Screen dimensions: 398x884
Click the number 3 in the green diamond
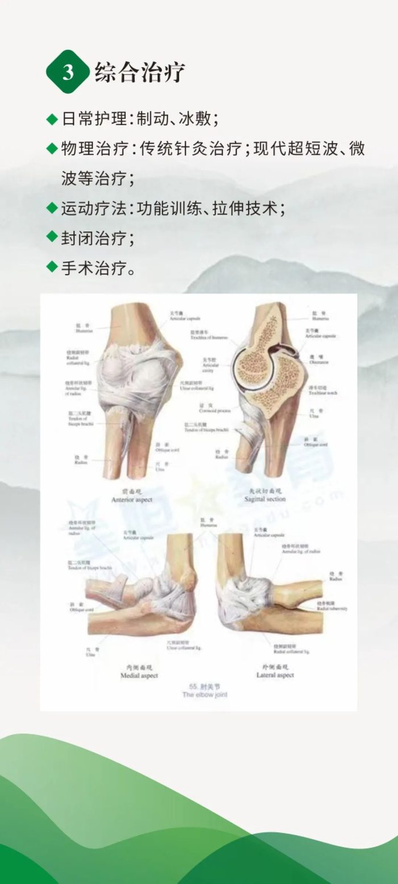68,73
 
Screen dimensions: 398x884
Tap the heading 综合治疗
140,73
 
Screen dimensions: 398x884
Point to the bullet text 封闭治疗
98,238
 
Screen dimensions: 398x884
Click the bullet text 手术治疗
98,268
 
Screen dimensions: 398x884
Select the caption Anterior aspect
132,499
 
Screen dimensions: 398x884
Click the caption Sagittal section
265,498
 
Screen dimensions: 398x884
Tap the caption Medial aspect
139,675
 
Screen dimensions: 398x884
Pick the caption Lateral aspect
275,675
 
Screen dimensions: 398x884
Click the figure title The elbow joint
205,695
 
